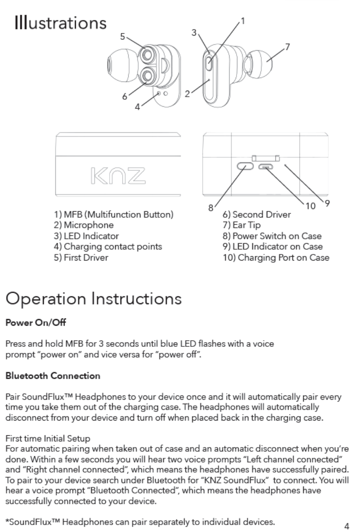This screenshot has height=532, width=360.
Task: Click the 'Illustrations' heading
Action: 60,23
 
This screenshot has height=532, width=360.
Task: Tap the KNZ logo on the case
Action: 117,174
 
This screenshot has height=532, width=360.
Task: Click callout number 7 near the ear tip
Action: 287,46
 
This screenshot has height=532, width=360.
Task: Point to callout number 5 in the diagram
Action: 123,37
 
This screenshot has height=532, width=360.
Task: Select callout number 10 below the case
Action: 311,206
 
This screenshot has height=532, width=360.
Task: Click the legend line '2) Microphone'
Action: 84,225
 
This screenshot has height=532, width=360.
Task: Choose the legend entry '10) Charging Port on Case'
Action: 276,258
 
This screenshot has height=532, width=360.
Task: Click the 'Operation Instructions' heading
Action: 93,299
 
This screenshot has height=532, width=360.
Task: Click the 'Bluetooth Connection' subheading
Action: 52,376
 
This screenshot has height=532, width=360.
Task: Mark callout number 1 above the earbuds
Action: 243,20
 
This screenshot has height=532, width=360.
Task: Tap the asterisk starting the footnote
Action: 7,521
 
